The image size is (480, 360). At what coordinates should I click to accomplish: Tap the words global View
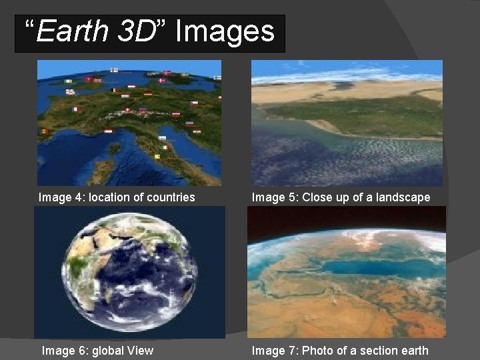(123, 351)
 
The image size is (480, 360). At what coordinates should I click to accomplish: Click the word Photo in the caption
(319, 351)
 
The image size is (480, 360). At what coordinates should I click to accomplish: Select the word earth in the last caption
(413, 351)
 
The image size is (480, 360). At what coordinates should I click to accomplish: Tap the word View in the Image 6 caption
(141, 351)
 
